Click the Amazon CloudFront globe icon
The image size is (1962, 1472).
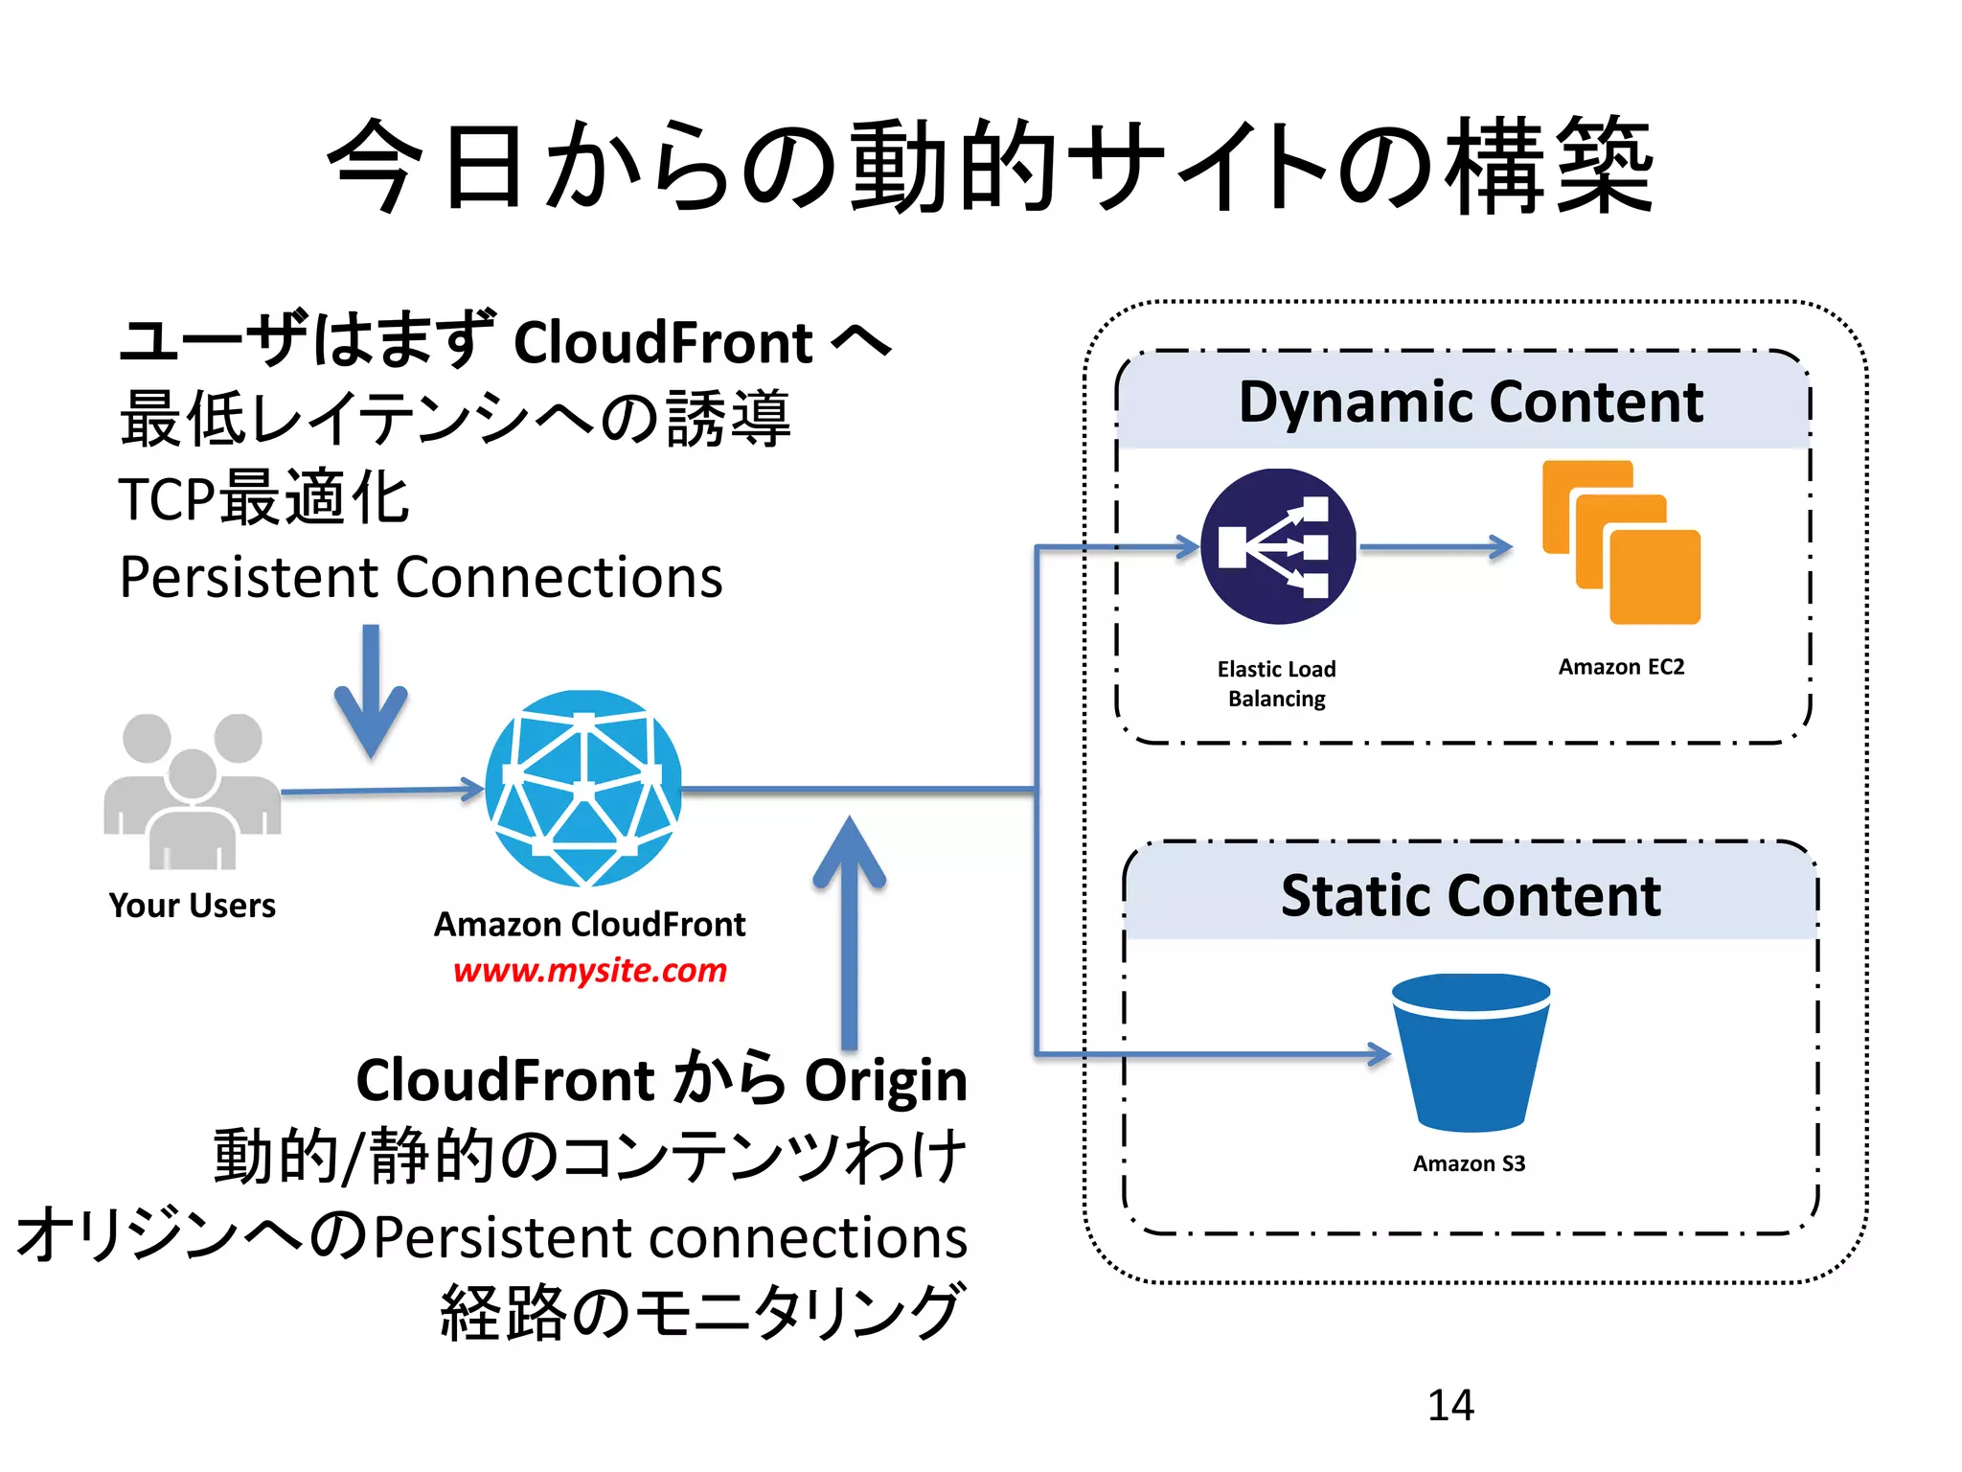(583, 788)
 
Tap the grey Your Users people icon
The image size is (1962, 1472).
(192, 792)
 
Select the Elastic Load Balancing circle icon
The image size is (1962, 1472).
(1278, 546)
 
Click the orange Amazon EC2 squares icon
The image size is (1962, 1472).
(1621, 543)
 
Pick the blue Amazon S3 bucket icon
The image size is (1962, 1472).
(1471, 1052)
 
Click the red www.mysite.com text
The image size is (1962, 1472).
(589, 970)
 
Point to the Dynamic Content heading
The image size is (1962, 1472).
(1470, 402)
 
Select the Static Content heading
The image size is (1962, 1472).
(1470, 896)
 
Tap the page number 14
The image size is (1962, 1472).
(1449, 1405)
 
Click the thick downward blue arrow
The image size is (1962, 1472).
(371, 691)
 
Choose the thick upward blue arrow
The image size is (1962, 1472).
(849, 930)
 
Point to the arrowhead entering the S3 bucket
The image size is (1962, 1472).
(1378, 1054)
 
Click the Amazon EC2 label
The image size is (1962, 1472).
(1620, 667)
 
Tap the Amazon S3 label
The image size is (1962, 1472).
(1469, 1163)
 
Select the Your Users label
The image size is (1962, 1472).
(192, 906)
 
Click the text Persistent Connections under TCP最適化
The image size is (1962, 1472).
(421, 578)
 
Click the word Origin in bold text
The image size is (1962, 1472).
(885, 1080)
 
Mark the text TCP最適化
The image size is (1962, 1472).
(263, 498)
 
